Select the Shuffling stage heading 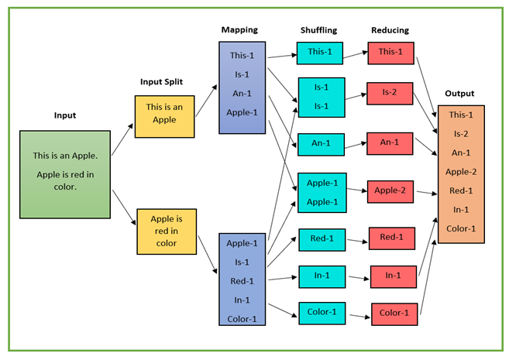[x=319, y=30]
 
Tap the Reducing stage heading [x=391, y=30]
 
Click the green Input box [x=65, y=174]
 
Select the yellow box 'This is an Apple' [x=165, y=115]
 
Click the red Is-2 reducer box [x=390, y=93]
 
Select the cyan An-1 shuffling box [x=322, y=144]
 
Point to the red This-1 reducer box [x=390, y=52]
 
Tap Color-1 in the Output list [x=461, y=228]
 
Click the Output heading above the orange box [x=459, y=94]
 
